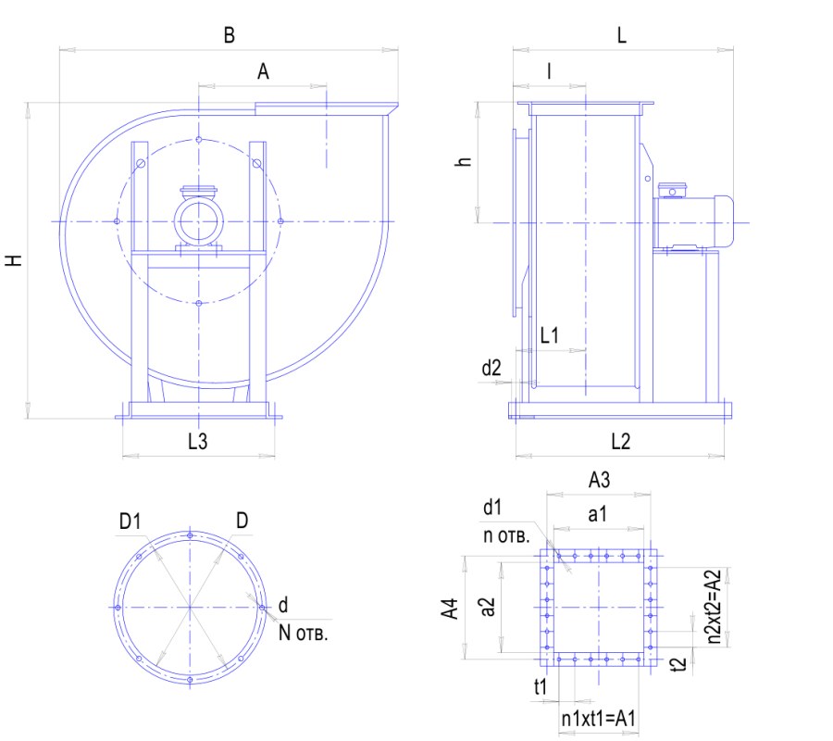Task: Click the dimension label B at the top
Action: (x=229, y=35)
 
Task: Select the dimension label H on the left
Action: (x=14, y=260)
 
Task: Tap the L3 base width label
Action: (x=198, y=441)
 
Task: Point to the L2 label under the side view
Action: (x=620, y=441)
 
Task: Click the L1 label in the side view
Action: (x=549, y=335)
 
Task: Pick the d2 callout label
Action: (x=491, y=368)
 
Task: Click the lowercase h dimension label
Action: (x=464, y=161)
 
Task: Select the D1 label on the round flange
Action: (x=131, y=521)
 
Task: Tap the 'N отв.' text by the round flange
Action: (x=303, y=633)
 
